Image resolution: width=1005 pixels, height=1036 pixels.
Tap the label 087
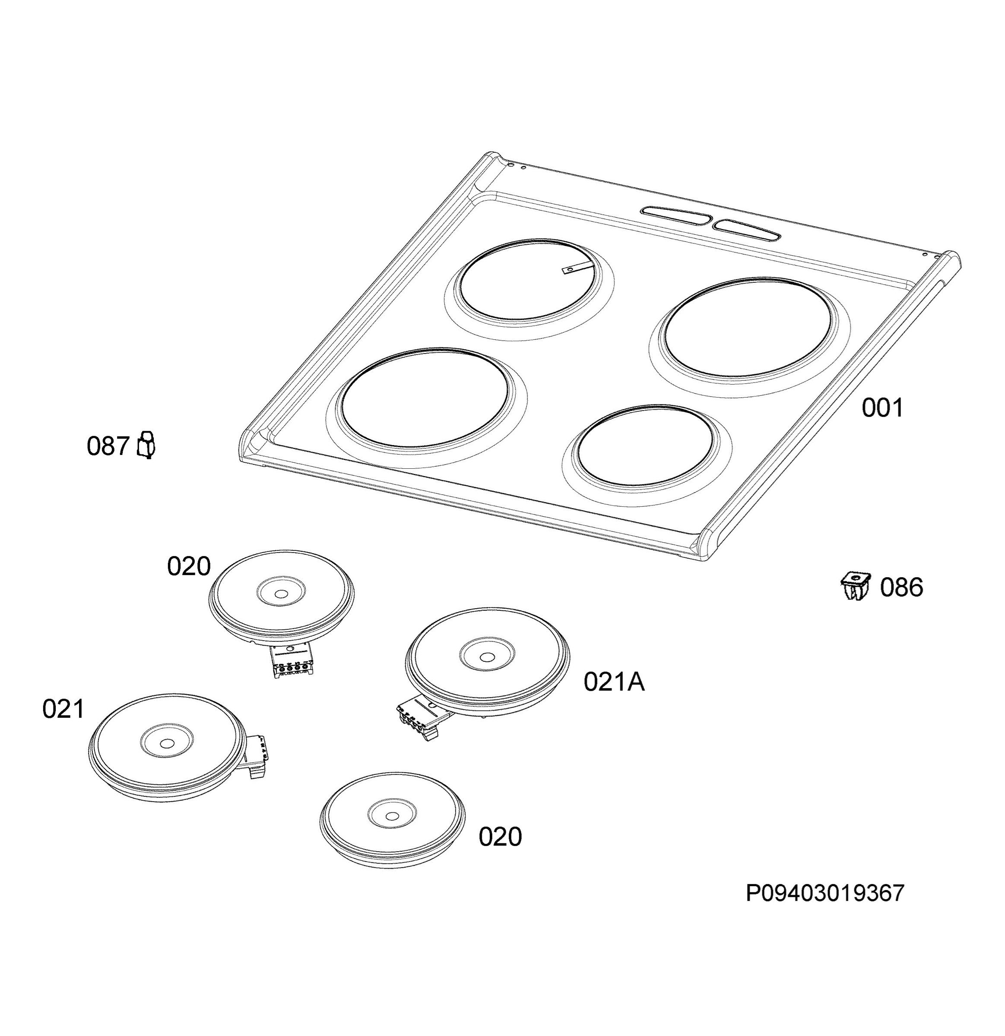(x=108, y=446)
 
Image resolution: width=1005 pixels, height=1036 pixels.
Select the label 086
(x=901, y=587)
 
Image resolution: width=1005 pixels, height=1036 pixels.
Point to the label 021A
(x=614, y=682)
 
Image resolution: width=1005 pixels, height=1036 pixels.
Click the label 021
(x=63, y=709)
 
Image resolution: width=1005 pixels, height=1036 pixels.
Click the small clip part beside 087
(x=146, y=445)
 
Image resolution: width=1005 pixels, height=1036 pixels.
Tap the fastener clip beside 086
(x=855, y=585)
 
